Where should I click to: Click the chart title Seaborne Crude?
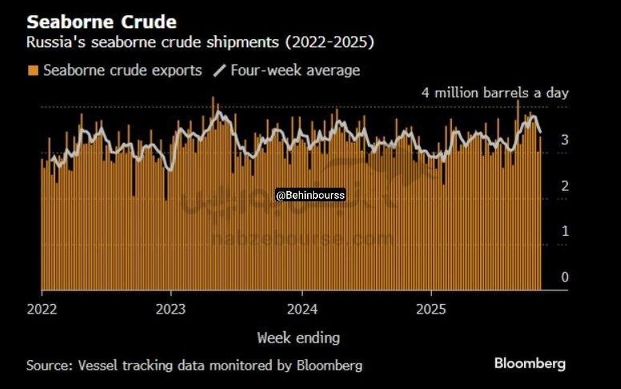pos(101,22)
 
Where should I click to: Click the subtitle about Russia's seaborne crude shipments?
pos(200,42)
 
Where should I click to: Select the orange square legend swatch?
pos(34,70)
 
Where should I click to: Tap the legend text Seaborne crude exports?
pos(123,70)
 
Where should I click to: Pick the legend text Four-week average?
pos(295,70)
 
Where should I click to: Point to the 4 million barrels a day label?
pos(495,93)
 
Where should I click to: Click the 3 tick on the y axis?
pos(565,139)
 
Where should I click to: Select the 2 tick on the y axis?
pos(565,185)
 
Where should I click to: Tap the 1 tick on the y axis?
pos(565,231)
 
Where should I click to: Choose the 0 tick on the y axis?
pos(565,277)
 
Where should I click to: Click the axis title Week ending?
pos(299,338)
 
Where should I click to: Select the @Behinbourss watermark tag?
pos(310,195)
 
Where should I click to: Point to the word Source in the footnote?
pos(48,365)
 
